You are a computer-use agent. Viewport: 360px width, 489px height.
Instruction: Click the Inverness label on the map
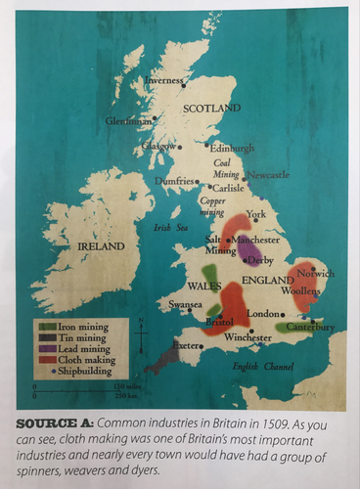point(164,80)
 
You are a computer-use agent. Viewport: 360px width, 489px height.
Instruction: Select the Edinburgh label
point(232,148)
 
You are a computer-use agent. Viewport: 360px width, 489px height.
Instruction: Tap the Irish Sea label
point(169,227)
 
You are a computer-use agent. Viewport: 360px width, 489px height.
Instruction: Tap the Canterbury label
point(310,328)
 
